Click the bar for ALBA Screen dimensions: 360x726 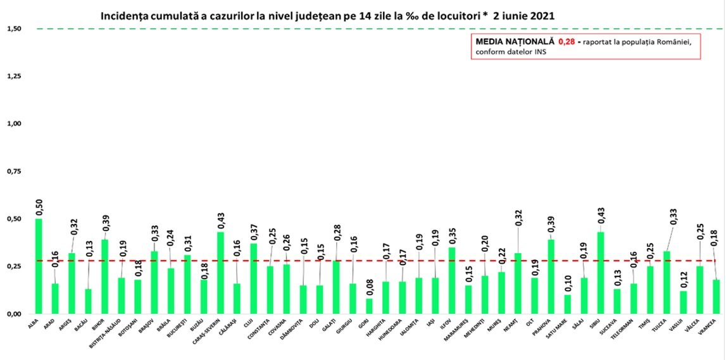[39, 266]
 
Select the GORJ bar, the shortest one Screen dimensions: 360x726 [369, 306]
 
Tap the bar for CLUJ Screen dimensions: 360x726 [253, 278]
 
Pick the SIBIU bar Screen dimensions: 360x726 [601, 273]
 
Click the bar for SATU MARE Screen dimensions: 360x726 [567, 304]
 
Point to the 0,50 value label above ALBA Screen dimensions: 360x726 [39, 207]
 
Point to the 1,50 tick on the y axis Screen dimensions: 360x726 [14, 29]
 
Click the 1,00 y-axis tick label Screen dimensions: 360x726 [14, 124]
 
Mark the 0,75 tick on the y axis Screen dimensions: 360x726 [14, 171]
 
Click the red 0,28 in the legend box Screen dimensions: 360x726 [565, 41]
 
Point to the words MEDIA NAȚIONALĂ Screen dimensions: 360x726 [513, 41]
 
